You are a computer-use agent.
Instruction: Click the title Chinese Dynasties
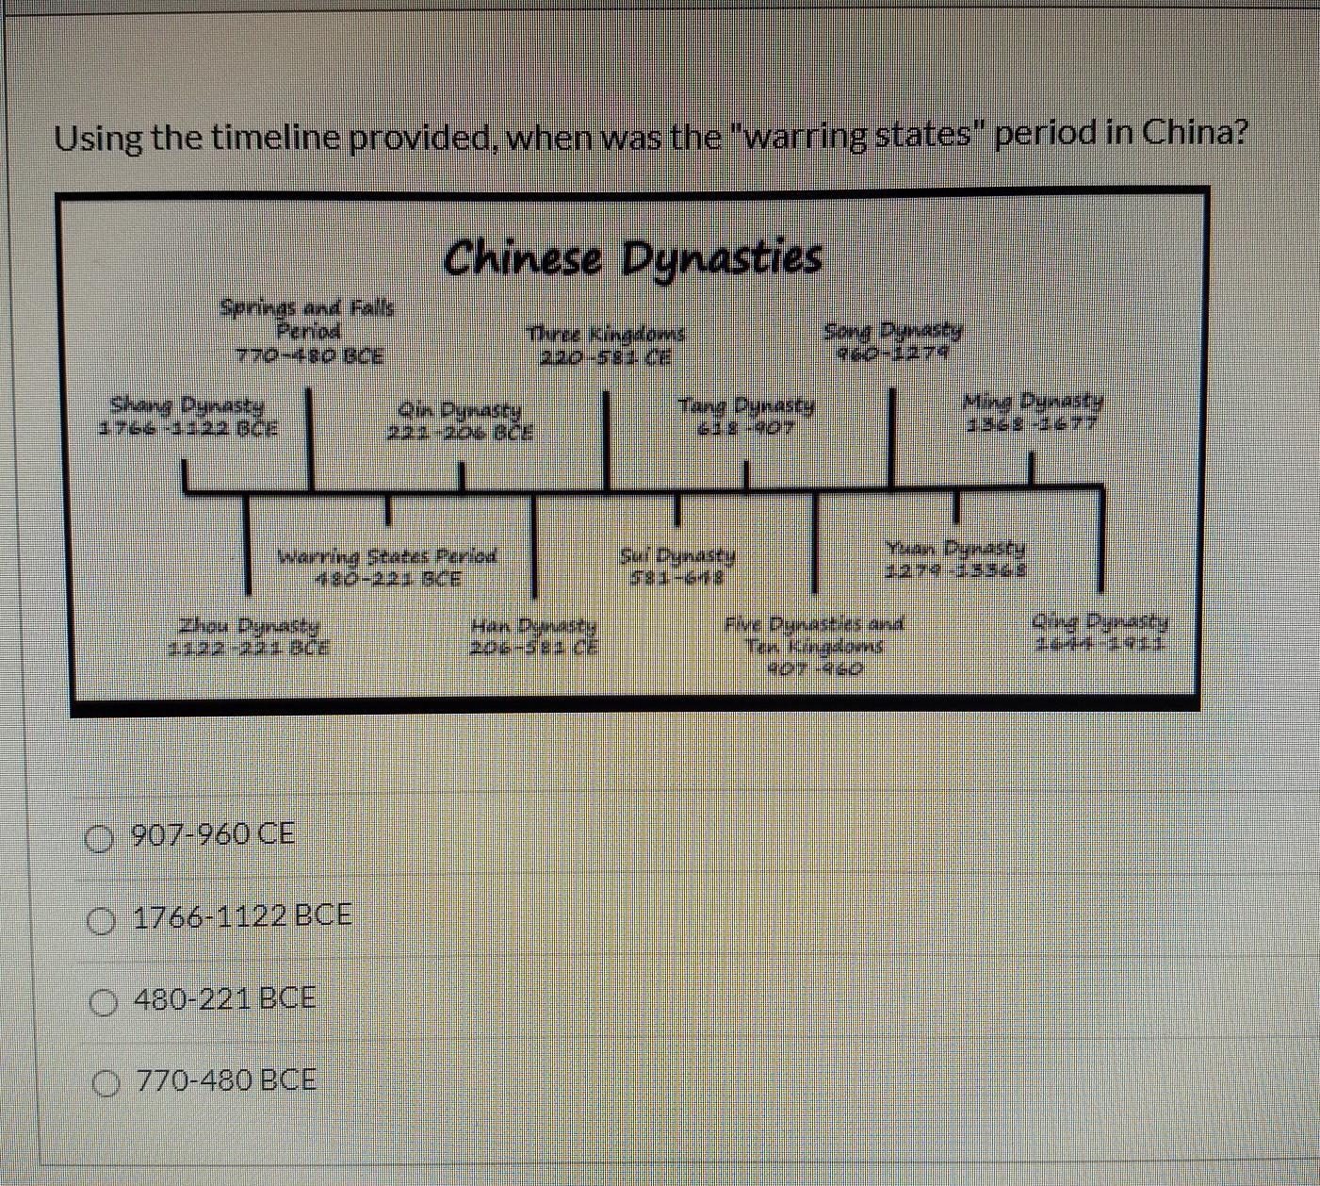click(632, 257)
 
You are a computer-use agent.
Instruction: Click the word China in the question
click(1193, 133)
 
